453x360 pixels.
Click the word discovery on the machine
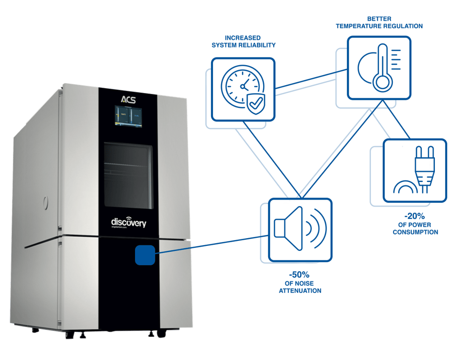click(129, 222)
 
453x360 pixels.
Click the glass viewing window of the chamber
click(128, 173)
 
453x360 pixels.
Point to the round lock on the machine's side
click(44, 201)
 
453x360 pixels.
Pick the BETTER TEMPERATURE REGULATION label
click(379, 23)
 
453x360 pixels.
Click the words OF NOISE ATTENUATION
click(299, 287)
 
